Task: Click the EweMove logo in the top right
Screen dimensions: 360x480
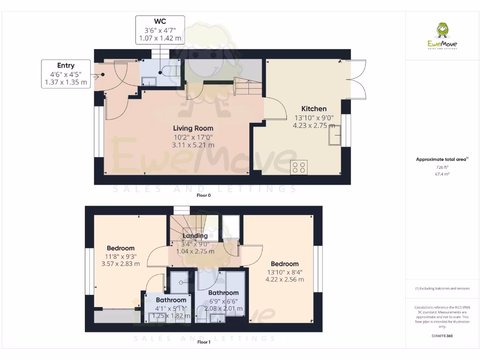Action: (442, 36)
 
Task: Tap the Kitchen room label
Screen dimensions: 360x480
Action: (314, 109)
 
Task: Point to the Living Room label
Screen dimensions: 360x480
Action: (193, 128)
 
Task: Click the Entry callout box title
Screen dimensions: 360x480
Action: (66, 66)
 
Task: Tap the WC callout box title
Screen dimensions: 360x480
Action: (160, 22)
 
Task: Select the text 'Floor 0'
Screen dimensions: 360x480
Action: (203, 195)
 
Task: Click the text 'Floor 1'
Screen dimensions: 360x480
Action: (203, 342)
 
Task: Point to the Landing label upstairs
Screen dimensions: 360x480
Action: (195, 236)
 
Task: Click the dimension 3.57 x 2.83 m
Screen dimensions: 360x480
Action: (120, 264)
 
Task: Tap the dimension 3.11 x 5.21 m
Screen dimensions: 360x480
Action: (193, 145)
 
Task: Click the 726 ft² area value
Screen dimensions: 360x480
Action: (442, 167)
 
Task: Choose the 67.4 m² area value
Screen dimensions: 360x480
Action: (442, 174)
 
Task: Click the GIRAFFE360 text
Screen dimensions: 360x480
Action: (442, 336)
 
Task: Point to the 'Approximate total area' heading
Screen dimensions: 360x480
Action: (441, 160)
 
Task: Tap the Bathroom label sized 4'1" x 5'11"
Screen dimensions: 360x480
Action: (171, 300)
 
